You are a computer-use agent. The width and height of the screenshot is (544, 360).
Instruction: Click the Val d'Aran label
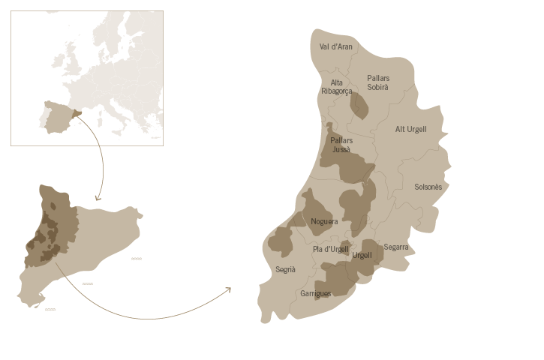(336, 46)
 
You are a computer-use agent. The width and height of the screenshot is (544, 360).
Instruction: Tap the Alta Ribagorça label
(336, 87)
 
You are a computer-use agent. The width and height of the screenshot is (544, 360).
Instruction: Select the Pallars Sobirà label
(378, 82)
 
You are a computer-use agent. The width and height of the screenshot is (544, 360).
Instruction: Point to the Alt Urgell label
(410, 129)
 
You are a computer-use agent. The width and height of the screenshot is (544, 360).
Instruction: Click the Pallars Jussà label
(341, 145)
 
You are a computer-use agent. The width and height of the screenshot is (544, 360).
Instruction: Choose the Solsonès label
(428, 187)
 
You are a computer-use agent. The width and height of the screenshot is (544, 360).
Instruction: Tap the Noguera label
(324, 221)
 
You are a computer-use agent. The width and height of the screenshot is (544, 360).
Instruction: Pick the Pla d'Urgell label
(330, 249)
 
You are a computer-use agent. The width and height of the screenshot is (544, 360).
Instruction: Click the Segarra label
(395, 247)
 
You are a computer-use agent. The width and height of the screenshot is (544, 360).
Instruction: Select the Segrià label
(285, 269)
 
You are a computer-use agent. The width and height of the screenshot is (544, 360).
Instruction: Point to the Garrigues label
(315, 294)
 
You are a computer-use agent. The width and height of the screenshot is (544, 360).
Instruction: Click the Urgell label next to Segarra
(362, 255)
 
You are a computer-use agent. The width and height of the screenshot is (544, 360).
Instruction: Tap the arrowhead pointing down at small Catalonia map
(98, 199)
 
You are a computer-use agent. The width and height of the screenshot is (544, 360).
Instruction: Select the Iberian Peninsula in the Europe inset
(56, 118)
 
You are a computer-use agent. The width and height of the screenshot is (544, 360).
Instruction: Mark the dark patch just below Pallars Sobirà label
(359, 106)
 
